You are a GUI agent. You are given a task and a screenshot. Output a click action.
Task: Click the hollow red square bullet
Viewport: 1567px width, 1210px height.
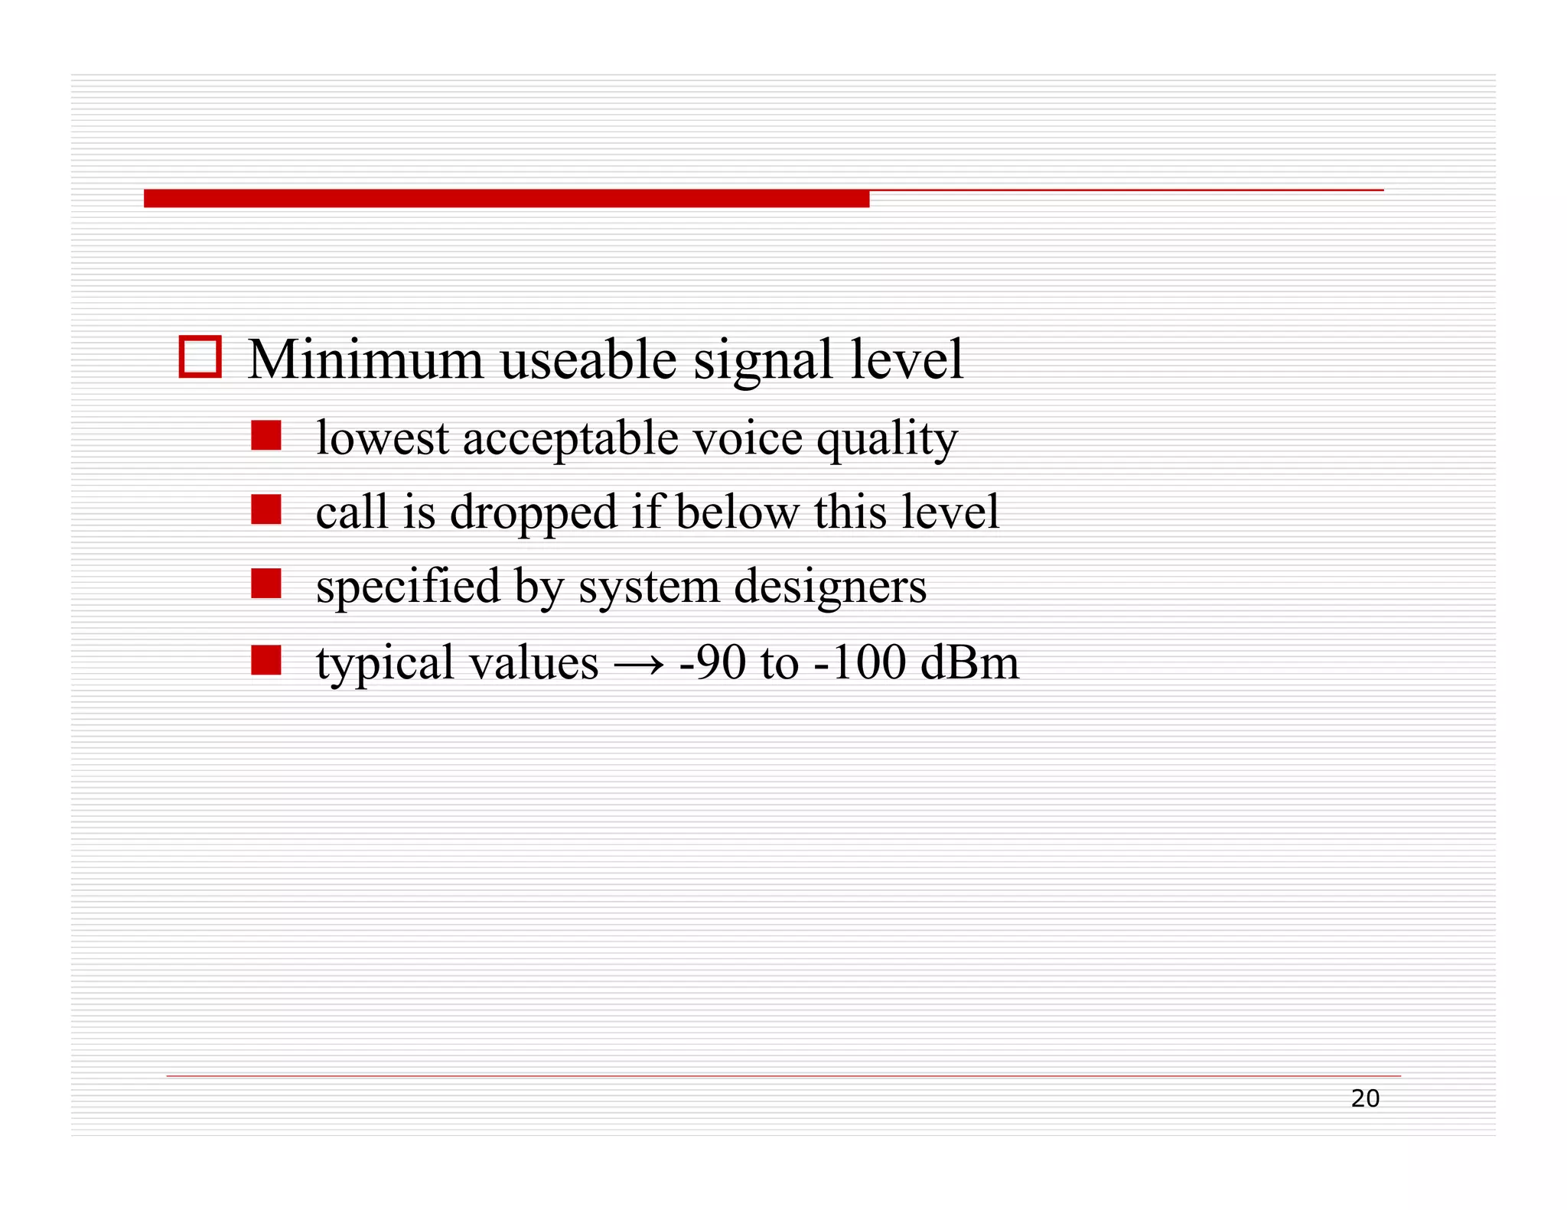click(200, 357)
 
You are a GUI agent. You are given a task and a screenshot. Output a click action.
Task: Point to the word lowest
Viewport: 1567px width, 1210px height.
click(383, 438)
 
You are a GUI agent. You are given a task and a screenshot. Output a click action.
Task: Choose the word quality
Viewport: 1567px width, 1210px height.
click(887, 440)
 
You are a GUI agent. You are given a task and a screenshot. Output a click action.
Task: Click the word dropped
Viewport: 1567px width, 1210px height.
click(533, 512)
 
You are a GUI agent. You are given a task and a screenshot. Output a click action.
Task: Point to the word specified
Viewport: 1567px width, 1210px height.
click(408, 587)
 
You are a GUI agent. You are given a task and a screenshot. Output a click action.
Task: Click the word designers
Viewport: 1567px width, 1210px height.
click(830, 587)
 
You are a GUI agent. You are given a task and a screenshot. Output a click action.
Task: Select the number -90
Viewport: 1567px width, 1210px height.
click(712, 662)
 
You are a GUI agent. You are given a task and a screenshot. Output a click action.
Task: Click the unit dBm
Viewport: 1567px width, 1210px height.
click(969, 662)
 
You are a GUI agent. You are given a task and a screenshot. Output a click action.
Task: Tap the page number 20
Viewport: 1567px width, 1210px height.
click(1365, 1099)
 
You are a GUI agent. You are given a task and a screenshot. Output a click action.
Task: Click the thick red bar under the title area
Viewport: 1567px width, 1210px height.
click(506, 199)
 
